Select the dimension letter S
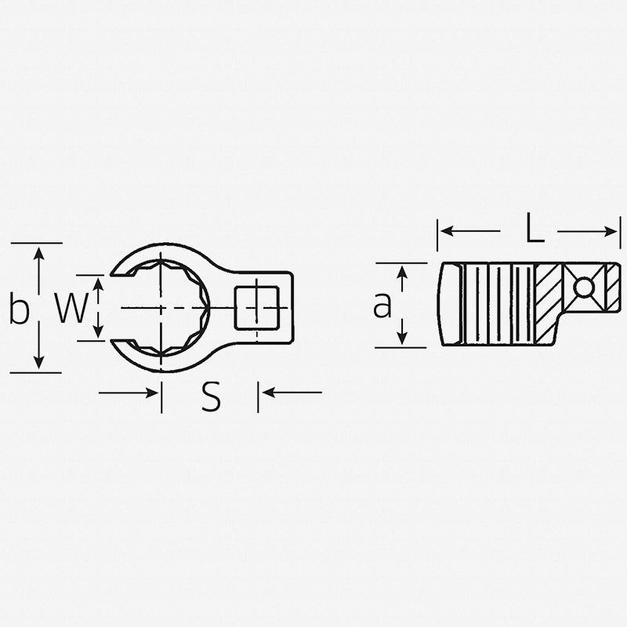(x=210, y=398)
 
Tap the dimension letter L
(x=534, y=230)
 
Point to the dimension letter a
(x=382, y=306)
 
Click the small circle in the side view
(x=582, y=288)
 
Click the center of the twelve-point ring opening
(x=162, y=307)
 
